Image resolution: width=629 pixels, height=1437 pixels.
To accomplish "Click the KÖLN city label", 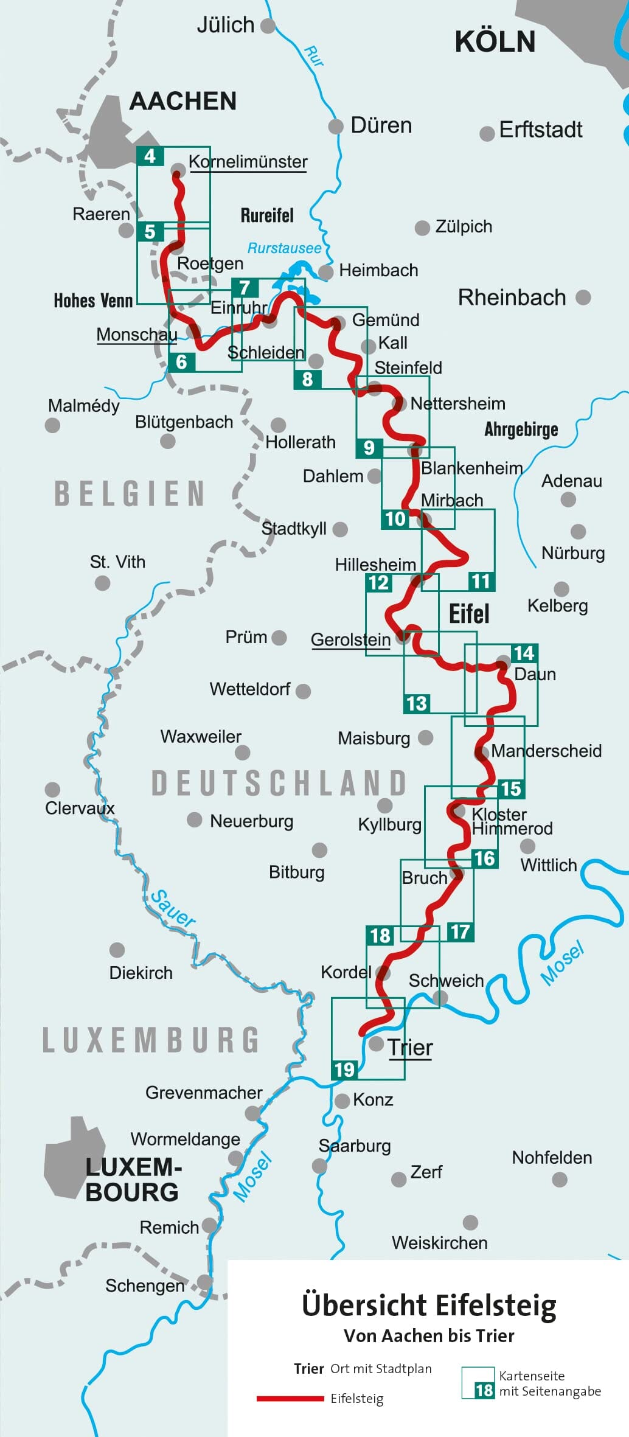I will (495, 42).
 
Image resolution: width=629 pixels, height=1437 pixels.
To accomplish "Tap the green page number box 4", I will (150, 156).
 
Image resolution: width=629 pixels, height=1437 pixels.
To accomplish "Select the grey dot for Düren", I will (335, 127).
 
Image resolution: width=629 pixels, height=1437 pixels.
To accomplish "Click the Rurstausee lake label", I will (284, 248).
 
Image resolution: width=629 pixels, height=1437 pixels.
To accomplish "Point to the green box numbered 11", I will (481, 581).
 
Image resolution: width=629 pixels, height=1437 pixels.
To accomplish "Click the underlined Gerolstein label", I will (350, 639).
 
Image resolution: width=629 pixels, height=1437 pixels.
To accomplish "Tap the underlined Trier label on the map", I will (410, 1048).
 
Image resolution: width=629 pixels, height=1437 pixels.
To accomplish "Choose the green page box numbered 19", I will (344, 1070).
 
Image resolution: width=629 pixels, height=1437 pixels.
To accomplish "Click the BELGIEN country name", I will (130, 493).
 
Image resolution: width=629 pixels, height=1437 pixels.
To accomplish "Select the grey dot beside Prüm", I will (279, 638).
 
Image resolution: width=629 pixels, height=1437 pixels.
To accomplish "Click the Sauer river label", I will (173, 909).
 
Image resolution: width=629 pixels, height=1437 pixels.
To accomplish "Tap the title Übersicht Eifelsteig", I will (429, 1306).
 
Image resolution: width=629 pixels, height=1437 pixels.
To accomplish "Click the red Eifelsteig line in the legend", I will (290, 1399).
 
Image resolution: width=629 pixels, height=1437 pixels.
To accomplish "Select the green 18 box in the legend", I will (484, 1390).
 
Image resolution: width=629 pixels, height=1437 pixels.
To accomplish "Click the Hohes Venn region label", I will (93, 301).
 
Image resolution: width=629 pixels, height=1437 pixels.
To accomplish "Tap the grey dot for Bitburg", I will (319, 850).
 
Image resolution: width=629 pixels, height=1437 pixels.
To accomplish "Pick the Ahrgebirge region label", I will (521, 430).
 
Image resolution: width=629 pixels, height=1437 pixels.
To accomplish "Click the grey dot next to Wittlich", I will (527, 846).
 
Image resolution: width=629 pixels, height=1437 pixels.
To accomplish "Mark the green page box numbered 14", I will (524, 653).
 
